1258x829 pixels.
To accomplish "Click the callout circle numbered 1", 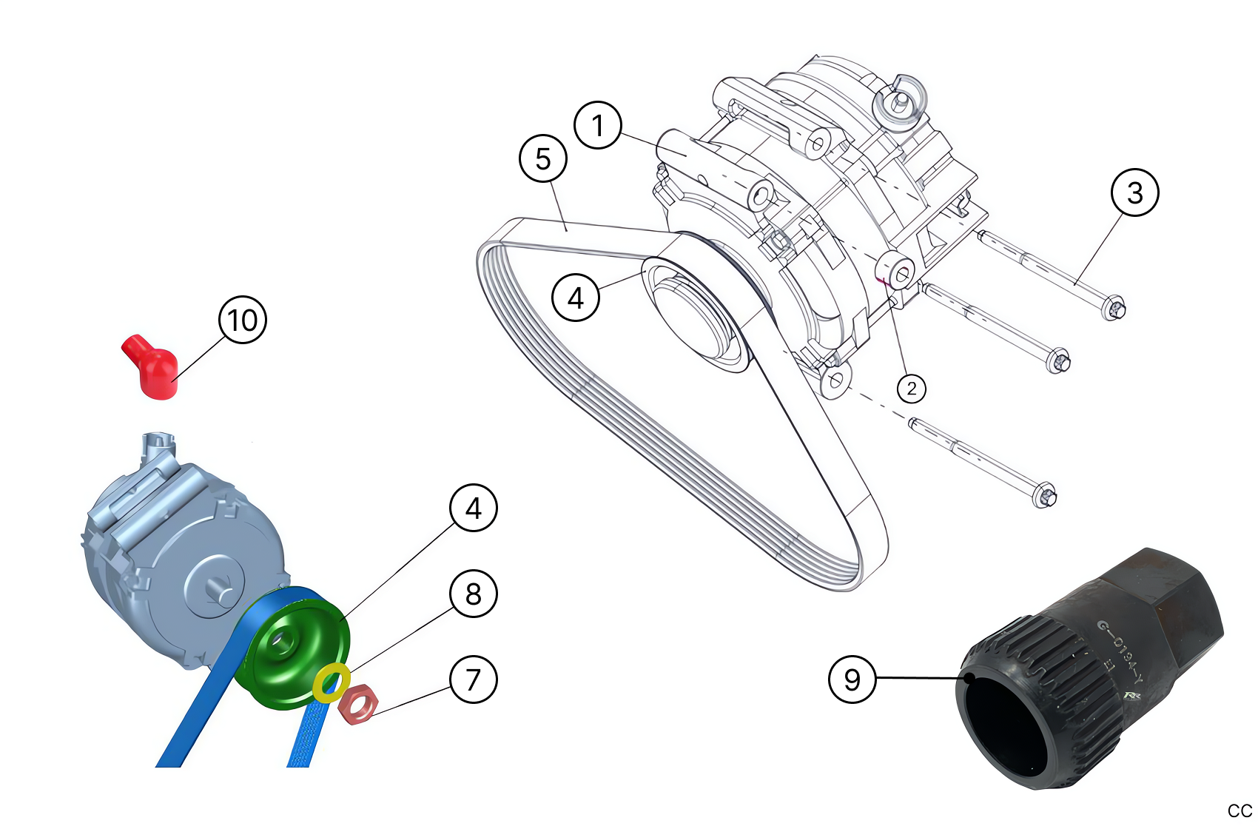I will click(x=598, y=125).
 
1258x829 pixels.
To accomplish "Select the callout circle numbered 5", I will click(x=543, y=158).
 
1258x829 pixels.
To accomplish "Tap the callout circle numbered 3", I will click(x=1134, y=192).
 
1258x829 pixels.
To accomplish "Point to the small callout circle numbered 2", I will click(x=911, y=388).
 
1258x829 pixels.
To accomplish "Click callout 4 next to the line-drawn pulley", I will click(x=576, y=298).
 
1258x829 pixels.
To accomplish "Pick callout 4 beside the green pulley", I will click(x=474, y=509).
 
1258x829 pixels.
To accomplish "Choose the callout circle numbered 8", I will click(x=474, y=594).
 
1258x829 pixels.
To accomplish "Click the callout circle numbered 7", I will click(x=474, y=679).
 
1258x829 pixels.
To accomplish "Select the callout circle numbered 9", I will click(x=852, y=679).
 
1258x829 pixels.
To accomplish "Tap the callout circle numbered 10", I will click(x=243, y=320).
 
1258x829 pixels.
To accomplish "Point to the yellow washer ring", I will click(x=331, y=682).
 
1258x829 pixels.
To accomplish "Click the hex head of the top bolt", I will click(x=1115, y=307).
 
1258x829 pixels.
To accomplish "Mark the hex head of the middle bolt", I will click(x=1060, y=361).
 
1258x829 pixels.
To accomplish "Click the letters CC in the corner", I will click(x=1239, y=810).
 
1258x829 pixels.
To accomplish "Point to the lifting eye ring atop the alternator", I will click(x=899, y=98).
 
